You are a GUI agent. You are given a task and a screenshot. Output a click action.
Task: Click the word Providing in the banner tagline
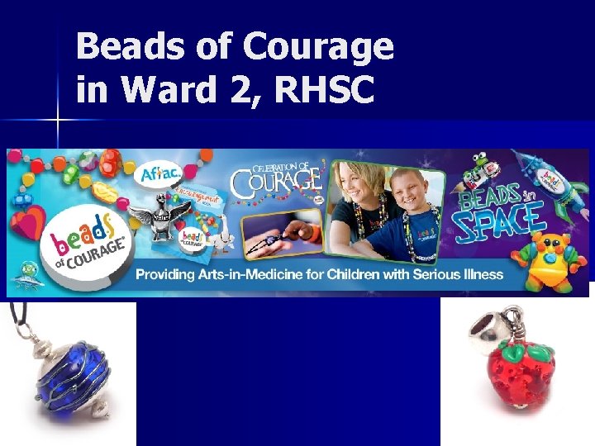pos(175,274)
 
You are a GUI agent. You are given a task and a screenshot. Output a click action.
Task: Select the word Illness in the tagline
pos(481,274)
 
